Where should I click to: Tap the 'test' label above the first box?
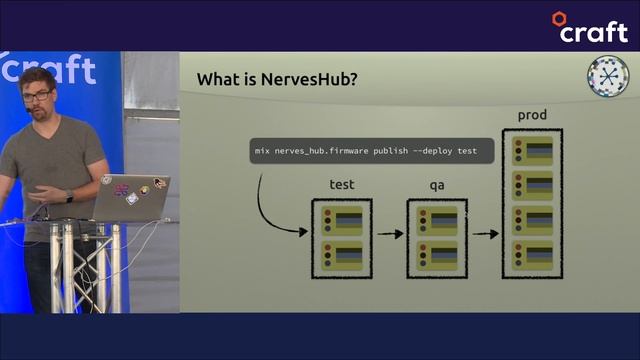[x=342, y=185]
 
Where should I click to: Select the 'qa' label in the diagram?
[x=437, y=185]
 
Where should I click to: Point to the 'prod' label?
[x=531, y=116]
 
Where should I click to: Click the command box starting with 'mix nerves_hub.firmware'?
[x=371, y=152]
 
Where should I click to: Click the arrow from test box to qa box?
[x=391, y=235]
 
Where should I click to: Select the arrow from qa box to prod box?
[x=485, y=235]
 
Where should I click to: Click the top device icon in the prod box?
[x=532, y=152]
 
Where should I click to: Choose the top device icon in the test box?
[x=342, y=220]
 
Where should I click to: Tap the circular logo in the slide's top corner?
[x=605, y=77]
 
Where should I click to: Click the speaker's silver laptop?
[x=132, y=196]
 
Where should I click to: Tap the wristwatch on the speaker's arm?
[x=69, y=196]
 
